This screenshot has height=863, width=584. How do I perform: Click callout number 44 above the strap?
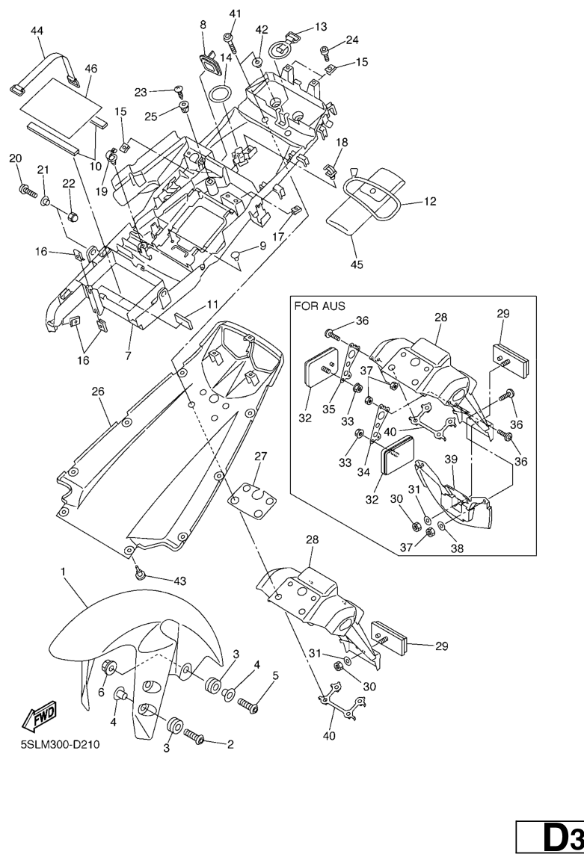click(37, 31)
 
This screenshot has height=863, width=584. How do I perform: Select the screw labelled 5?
click(248, 704)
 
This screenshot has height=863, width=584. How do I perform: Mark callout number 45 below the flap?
click(357, 263)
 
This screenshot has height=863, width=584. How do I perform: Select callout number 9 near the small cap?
click(262, 245)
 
